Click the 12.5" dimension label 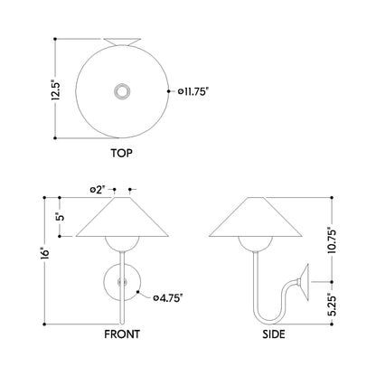56,89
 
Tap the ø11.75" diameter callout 193,91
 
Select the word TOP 122,153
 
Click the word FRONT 122,334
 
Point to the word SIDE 274,334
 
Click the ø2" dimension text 98,190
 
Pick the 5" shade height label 61,217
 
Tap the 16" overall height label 45,253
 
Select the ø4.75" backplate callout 168,298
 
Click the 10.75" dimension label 332,240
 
